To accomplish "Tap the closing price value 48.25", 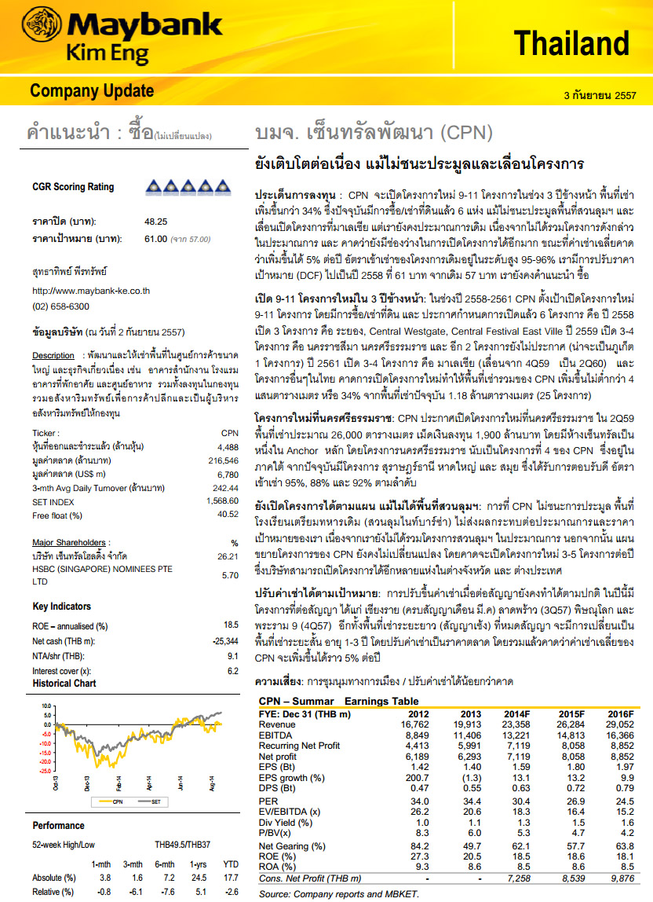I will point(155,222).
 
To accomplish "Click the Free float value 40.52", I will point(227,515).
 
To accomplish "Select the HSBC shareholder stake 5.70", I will point(230,575).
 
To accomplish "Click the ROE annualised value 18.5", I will point(231,625).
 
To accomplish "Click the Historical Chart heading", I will point(64,684).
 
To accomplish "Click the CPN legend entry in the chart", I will point(118,801).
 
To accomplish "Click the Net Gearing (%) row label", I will point(292,847).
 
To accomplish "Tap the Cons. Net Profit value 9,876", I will point(618,878).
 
